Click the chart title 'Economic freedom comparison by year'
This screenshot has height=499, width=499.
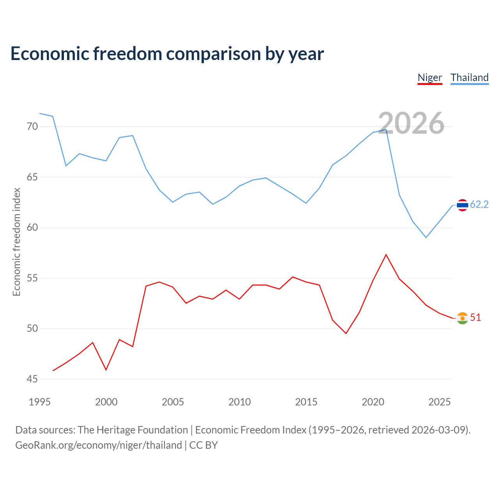pos(167,53)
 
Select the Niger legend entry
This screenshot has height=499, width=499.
pos(430,78)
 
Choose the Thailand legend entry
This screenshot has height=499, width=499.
pos(469,78)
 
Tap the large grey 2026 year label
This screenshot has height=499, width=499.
pos(411,123)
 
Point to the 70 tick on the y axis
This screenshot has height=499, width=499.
pos(32,127)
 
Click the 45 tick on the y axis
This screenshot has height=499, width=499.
pos(32,379)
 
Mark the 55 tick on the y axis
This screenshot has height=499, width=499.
pos(32,278)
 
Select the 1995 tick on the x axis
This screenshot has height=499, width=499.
pos(39,402)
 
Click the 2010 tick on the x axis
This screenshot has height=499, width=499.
pos(239,402)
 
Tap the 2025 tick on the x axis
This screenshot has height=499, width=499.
pos(439,402)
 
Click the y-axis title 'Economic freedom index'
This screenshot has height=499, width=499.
pos(16,242)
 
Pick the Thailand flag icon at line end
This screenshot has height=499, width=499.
pos(462,205)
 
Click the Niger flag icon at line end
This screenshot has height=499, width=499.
pos(462,318)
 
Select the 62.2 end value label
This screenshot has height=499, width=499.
pos(479,205)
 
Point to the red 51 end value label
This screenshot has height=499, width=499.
pos(476,318)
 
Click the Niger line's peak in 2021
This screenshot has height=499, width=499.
pos(386,255)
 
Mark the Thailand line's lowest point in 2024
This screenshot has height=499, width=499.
pos(426,237)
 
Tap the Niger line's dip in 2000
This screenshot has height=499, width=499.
pos(106,370)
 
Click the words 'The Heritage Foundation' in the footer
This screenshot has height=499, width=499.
pos(133,430)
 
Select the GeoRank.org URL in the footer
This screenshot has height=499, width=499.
pos(98,445)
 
